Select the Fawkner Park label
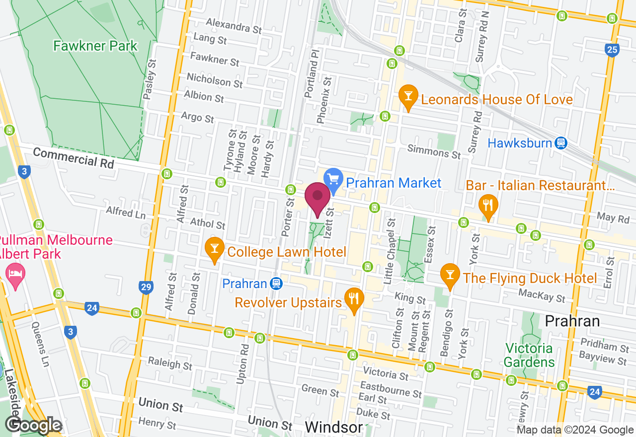click(95, 46)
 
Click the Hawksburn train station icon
click(561, 143)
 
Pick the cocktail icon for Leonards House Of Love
click(408, 98)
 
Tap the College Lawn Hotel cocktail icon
click(215, 250)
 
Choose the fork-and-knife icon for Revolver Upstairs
click(354, 300)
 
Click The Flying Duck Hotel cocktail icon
click(450, 277)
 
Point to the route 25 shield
click(612, 50)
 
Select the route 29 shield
click(145, 287)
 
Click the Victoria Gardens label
click(529, 355)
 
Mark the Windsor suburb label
click(333, 427)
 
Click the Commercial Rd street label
click(74, 158)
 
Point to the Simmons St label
click(434, 151)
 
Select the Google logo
click(34, 425)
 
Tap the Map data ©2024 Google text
click(575, 430)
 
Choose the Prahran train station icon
click(276, 284)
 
